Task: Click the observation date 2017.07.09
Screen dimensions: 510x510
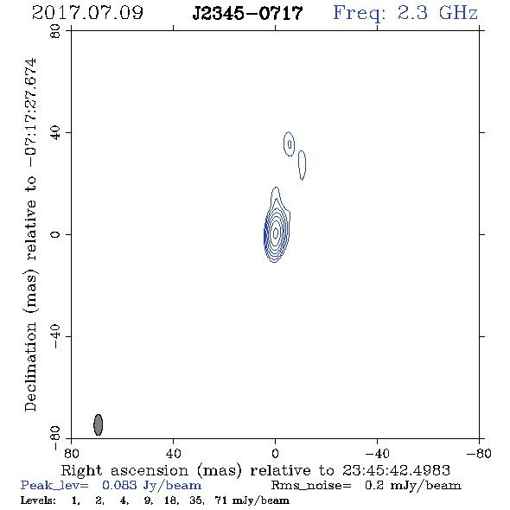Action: point(87,13)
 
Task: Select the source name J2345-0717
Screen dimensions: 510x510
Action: point(247,13)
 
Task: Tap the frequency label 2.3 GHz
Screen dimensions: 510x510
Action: point(437,13)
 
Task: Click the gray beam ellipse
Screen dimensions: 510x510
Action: point(99,424)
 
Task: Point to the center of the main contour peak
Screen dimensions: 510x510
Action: point(276,233)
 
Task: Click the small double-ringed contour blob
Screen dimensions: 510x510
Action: point(290,143)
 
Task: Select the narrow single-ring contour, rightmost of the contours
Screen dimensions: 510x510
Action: point(303,165)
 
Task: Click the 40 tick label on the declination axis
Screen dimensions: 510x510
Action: point(55,133)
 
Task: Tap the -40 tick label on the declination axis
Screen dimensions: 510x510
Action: point(55,336)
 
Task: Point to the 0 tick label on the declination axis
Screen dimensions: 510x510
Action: point(55,234)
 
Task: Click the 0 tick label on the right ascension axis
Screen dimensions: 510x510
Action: point(275,454)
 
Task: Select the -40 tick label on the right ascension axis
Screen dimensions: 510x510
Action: point(377,454)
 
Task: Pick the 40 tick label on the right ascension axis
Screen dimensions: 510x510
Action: point(173,454)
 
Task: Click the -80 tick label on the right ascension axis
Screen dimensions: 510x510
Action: point(479,454)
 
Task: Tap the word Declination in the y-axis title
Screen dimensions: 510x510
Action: point(30,367)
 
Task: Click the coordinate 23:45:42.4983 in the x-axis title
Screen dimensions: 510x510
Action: point(396,470)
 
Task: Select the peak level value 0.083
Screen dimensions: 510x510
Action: point(119,485)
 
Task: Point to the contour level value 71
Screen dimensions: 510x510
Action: point(220,500)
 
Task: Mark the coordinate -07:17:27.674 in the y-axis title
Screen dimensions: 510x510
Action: point(30,112)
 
